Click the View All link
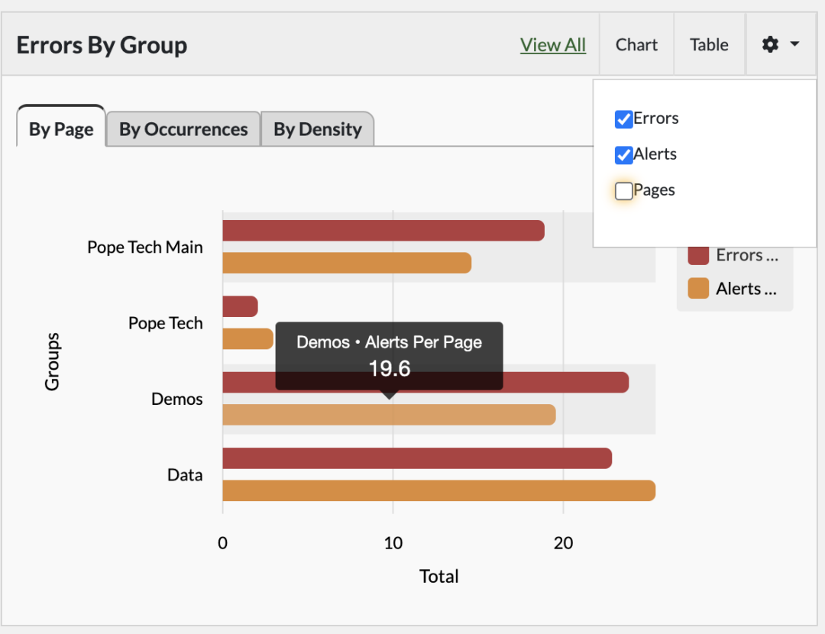(x=553, y=45)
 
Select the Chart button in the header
(x=636, y=45)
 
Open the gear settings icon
(x=771, y=45)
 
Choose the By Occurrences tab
(x=183, y=130)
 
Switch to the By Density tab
(x=318, y=130)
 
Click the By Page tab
(x=61, y=130)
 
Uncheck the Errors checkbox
(x=623, y=119)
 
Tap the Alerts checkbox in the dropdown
(x=623, y=155)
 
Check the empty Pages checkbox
(x=623, y=191)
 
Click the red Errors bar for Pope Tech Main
(x=383, y=231)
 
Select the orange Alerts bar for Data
(x=438, y=490)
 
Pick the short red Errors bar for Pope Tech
(x=240, y=307)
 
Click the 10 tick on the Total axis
(x=393, y=543)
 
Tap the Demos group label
(x=177, y=399)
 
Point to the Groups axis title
(x=52, y=361)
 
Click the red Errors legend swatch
(x=698, y=255)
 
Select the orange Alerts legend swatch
(x=698, y=289)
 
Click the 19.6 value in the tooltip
(x=390, y=369)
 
